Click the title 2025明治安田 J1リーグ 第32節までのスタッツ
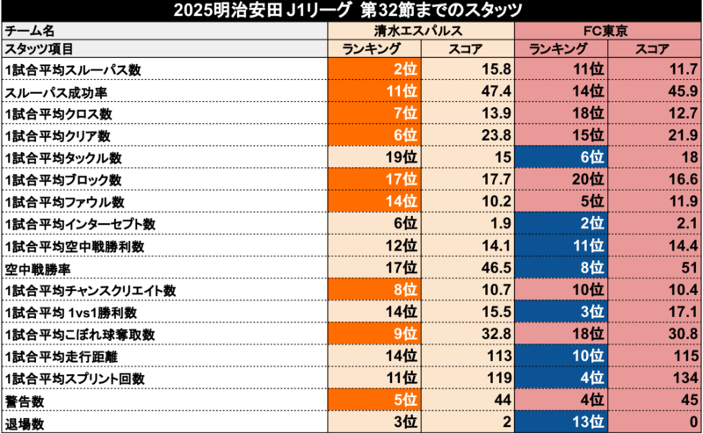(351, 11)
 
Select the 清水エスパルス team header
(420, 30)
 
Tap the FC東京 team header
(607, 30)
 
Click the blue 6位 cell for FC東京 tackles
(562, 158)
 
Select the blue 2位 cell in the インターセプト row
(562, 224)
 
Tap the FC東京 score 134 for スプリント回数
(655, 378)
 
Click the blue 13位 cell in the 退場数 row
(562, 422)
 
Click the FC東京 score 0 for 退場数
(655, 422)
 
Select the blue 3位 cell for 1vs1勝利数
(562, 312)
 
